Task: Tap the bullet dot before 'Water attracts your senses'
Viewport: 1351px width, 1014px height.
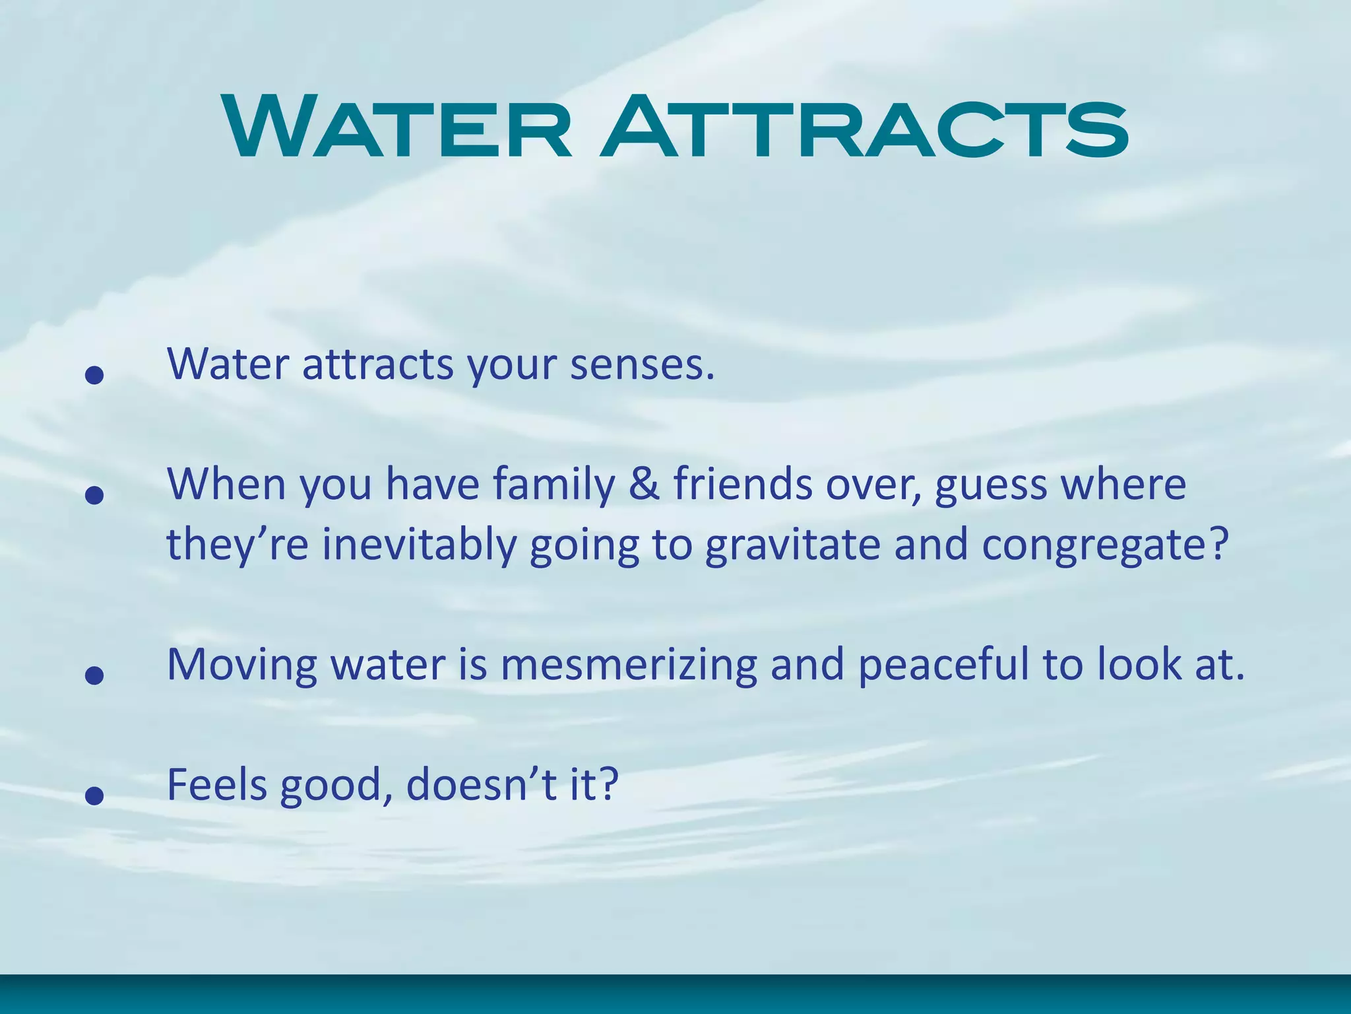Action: (95, 375)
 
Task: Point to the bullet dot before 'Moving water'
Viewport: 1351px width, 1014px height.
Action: (95, 675)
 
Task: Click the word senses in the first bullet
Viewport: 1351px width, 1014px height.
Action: (642, 364)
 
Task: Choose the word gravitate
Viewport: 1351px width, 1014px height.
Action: (792, 545)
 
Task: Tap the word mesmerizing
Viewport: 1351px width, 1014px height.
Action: (629, 665)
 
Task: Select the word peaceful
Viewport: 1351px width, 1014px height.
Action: (943, 665)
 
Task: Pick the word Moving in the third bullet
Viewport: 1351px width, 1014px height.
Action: (242, 665)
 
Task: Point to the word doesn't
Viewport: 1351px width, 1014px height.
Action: (482, 785)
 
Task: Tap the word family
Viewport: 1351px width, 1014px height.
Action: (554, 485)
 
